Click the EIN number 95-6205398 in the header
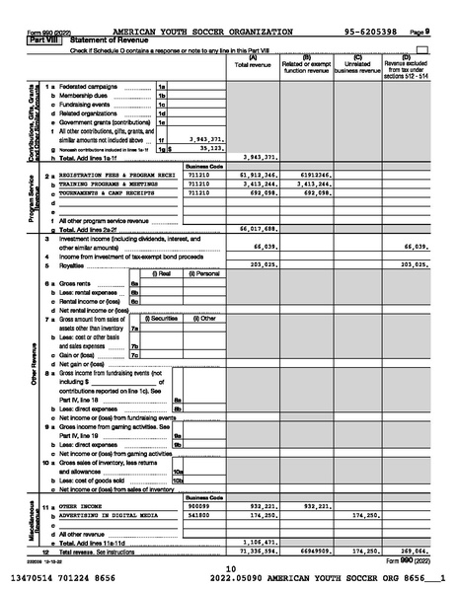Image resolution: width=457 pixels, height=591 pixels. tap(372, 32)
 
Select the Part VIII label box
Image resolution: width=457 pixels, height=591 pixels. tap(38, 39)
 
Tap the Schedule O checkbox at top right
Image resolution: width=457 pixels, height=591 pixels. tap(423, 48)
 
